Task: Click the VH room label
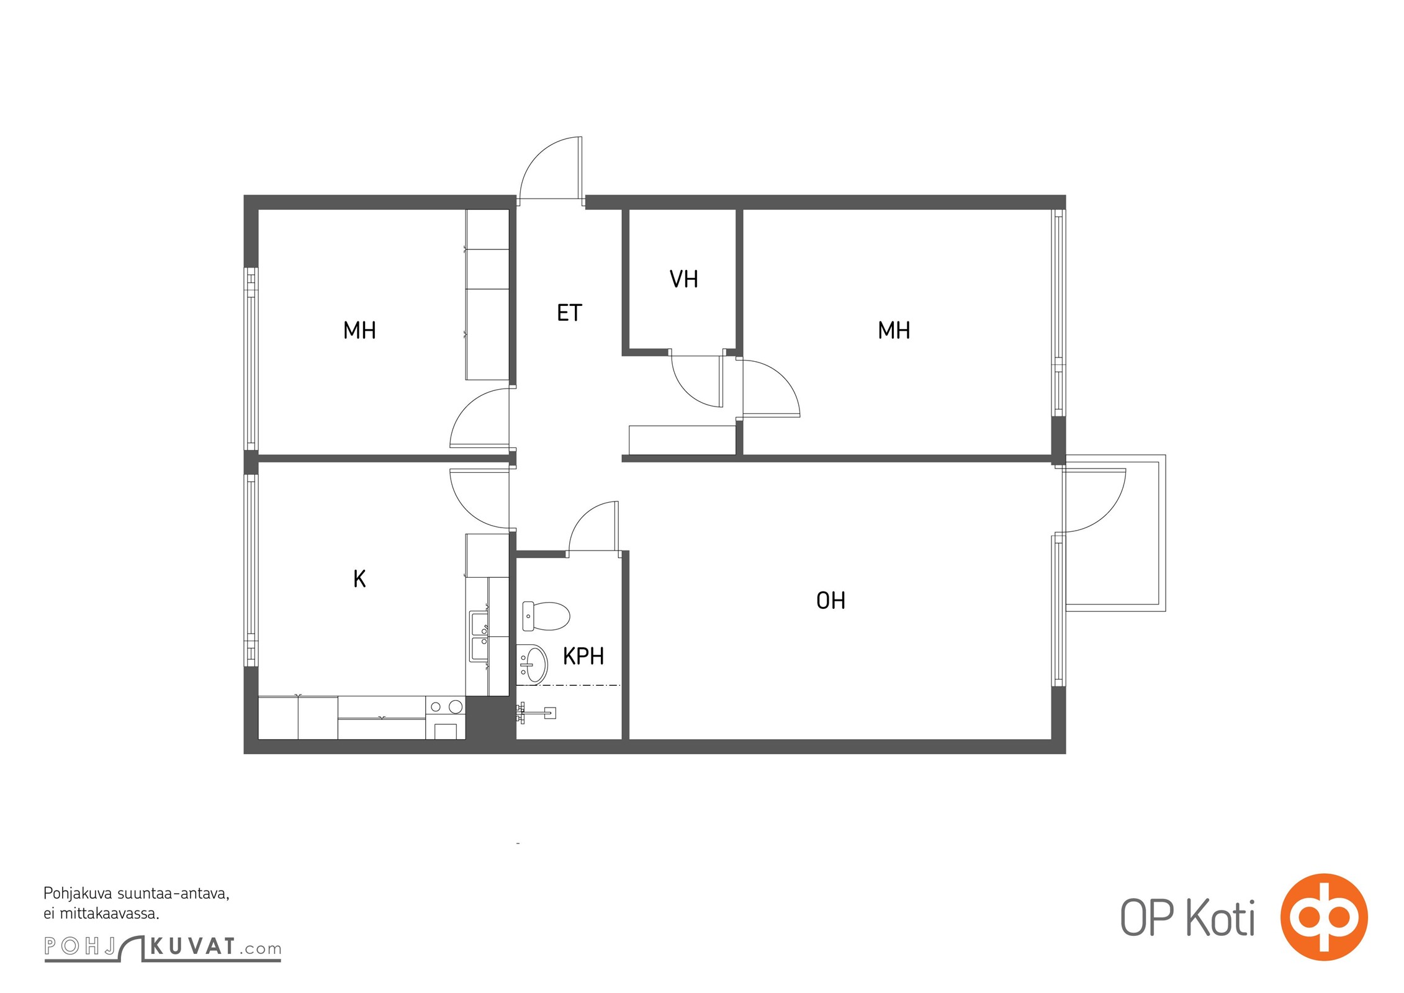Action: tap(683, 279)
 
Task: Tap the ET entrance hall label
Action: tap(569, 313)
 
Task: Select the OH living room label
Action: tap(830, 600)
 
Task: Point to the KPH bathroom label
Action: tap(583, 656)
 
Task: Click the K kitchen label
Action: tap(359, 578)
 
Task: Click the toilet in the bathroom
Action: tap(546, 616)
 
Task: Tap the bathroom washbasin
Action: tap(532, 663)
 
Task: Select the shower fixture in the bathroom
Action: tap(536, 712)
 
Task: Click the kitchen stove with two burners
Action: tap(446, 717)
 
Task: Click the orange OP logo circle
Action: tap(1324, 917)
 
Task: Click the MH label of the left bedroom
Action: tap(359, 330)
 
